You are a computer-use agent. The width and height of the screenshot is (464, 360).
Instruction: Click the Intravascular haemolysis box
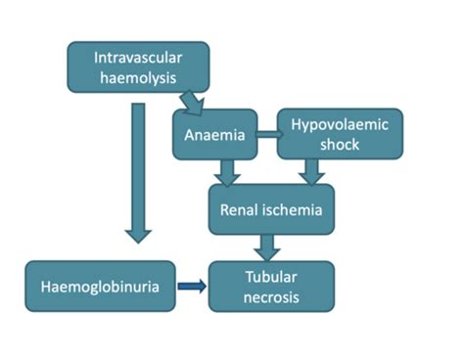pos(137,67)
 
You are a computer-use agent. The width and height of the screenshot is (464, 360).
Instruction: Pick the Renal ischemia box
pos(270,207)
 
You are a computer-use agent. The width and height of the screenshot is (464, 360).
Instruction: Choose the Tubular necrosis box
pos(270,286)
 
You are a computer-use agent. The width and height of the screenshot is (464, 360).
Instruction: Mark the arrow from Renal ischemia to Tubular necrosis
pos(269,247)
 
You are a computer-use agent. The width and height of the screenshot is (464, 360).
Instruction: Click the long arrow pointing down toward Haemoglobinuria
pos(140,171)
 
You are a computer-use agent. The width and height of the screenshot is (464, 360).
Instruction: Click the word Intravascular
pos(137,56)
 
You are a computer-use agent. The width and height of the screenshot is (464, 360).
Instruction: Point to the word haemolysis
pos(137,77)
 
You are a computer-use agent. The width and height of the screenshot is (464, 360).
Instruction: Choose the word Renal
pos(239,208)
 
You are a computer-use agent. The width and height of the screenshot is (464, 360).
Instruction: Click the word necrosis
pos(269,297)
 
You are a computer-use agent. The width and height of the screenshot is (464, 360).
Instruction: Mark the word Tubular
pos(270,275)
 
